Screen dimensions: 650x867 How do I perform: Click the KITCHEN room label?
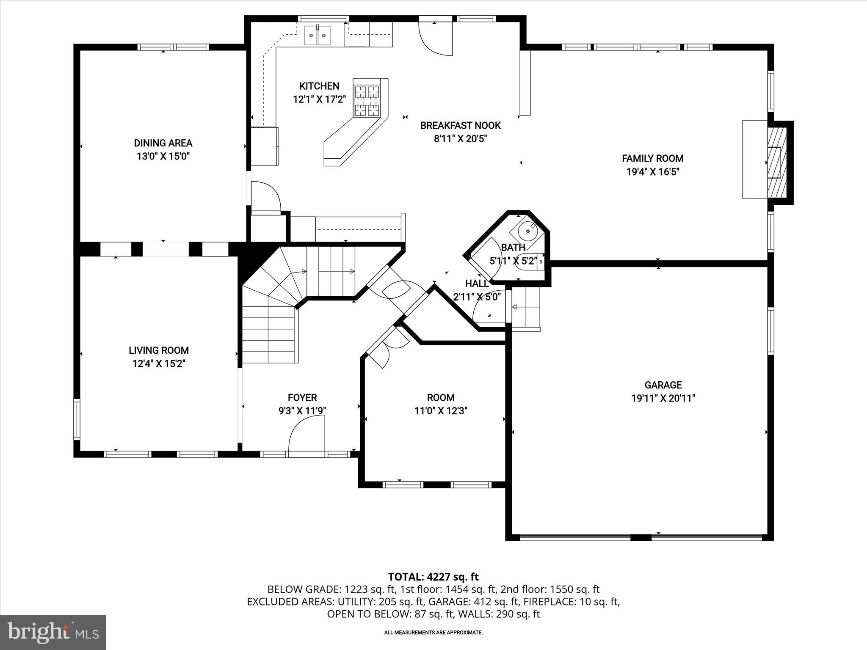point(319,86)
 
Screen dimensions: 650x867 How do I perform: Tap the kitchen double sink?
point(318,36)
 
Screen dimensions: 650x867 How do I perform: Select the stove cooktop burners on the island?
point(367,101)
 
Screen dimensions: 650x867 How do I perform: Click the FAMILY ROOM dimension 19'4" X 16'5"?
point(652,172)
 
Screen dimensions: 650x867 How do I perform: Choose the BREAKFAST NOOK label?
point(460,125)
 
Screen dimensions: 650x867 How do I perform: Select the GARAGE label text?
point(663,385)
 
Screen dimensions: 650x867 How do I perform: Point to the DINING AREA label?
point(163,143)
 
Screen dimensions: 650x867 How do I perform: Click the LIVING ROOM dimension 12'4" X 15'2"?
point(159,364)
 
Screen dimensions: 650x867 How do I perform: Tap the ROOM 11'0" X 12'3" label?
point(441,404)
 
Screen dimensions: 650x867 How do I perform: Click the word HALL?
point(477,284)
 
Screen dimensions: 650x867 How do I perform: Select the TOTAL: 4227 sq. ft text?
point(433,577)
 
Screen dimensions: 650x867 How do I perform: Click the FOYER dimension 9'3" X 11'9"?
point(302,410)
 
